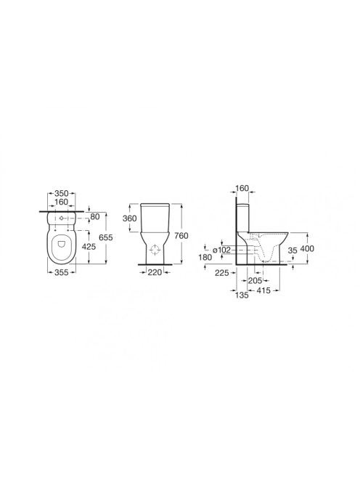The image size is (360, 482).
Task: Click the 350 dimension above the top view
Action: [x=61, y=193]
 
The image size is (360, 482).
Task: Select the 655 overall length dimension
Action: [x=106, y=237]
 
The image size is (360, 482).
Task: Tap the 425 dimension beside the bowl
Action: [x=89, y=246]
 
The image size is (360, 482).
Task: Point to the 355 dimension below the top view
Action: [x=61, y=272]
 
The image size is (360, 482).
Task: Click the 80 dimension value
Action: [x=95, y=217]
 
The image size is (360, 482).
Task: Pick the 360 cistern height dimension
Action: [x=129, y=218]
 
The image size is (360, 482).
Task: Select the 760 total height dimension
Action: [x=181, y=236]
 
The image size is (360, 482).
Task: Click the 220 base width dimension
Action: [x=155, y=272]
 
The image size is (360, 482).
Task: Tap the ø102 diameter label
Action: [x=221, y=250]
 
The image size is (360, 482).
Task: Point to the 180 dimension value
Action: [x=205, y=257]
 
